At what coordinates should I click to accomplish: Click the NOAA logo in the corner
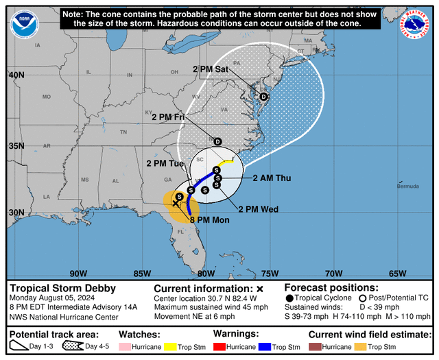tap(25, 24)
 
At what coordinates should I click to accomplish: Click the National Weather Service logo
tap(414, 24)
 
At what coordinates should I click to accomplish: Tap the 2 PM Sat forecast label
tap(211, 69)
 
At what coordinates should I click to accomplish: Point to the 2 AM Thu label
tap(272, 178)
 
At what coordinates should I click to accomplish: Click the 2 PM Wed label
tap(258, 209)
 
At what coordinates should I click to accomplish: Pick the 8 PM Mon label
tap(209, 219)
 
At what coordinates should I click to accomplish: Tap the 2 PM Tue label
tap(165, 164)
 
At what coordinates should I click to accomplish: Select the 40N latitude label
tap(16, 75)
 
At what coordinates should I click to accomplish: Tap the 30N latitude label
tap(16, 213)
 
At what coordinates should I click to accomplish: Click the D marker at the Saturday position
tap(263, 97)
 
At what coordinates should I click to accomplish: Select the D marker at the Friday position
tap(217, 141)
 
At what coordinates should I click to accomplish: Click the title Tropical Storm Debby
tap(63, 288)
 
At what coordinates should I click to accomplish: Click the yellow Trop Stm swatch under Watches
tap(174, 348)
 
